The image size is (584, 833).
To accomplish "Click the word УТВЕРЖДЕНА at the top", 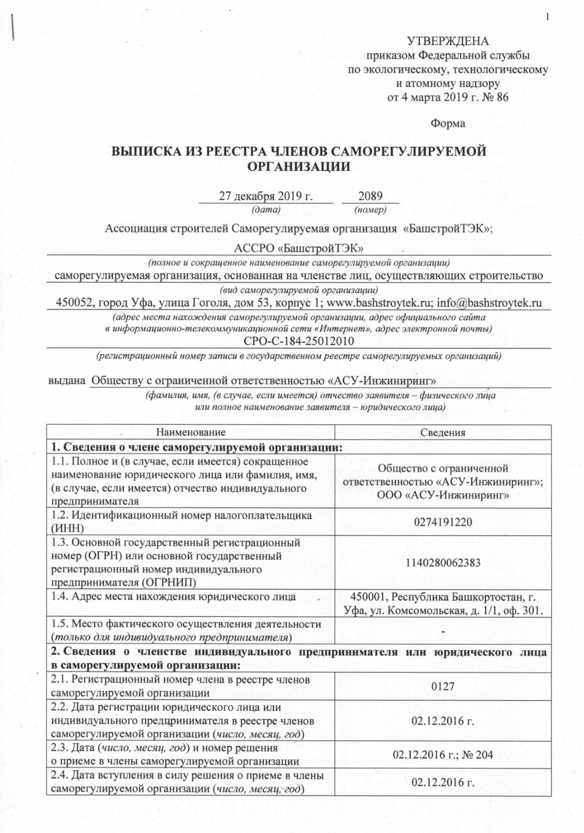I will tap(448, 41).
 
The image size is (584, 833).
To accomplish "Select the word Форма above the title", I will tap(448, 123).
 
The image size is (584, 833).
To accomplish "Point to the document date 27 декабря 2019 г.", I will tap(266, 196).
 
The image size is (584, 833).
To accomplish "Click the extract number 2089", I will tap(370, 196).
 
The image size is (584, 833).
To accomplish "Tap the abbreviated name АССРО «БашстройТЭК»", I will tap(298, 248).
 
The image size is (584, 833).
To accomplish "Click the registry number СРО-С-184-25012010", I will tap(298, 341).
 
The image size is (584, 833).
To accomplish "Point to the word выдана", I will tap(67, 381).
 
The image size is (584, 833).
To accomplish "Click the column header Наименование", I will tap(190, 432).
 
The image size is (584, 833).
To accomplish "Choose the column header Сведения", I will tap(443, 432).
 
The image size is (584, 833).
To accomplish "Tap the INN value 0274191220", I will tap(443, 522).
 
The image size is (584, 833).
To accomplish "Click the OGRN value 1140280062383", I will tap(443, 563).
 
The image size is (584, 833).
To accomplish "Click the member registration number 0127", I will tap(443, 687).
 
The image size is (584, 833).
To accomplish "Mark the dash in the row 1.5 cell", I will tap(443, 632).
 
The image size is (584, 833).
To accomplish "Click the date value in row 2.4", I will tap(443, 782).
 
